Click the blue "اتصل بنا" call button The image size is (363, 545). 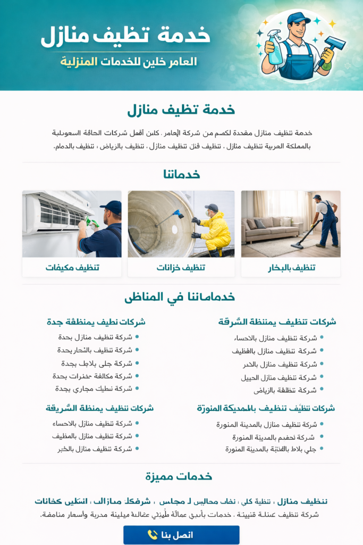(181, 535)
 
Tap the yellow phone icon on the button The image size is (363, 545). (153, 535)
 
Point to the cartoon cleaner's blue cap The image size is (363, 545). (298, 18)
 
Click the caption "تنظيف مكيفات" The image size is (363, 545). (72, 267)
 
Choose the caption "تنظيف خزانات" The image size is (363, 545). (181, 267)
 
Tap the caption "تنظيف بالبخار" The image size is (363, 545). (291, 267)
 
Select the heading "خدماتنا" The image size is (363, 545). (181, 175)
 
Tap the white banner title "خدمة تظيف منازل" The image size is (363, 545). (125, 35)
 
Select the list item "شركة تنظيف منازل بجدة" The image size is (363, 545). (95, 337)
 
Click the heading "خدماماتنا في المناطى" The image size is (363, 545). (180, 298)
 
